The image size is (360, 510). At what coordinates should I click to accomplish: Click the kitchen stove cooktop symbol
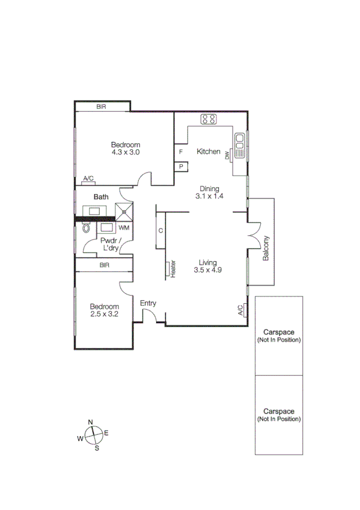click(209, 119)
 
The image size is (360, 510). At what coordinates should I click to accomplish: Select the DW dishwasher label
click(228, 156)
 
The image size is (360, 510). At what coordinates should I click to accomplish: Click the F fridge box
click(180, 152)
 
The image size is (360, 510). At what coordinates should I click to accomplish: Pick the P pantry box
click(180, 166)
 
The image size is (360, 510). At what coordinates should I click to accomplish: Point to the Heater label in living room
click(173, 268)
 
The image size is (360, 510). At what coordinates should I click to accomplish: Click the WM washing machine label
click(124, 228)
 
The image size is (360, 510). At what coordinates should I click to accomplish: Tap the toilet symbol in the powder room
click(85, 228)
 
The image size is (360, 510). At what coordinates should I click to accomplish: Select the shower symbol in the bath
click(124, 211)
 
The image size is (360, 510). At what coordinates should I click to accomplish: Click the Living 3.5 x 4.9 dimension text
click(208, 266)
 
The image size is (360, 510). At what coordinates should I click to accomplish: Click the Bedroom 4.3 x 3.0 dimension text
click(125, 149)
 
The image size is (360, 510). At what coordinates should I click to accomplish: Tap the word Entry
click(148, 303)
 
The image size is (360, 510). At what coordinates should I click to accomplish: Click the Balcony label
click(264, 249)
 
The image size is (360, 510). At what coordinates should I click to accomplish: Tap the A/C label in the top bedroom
click(88, 179)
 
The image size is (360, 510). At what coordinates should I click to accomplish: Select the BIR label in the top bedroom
click(102, 106)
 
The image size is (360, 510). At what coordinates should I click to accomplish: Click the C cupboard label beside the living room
click(160, 231)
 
